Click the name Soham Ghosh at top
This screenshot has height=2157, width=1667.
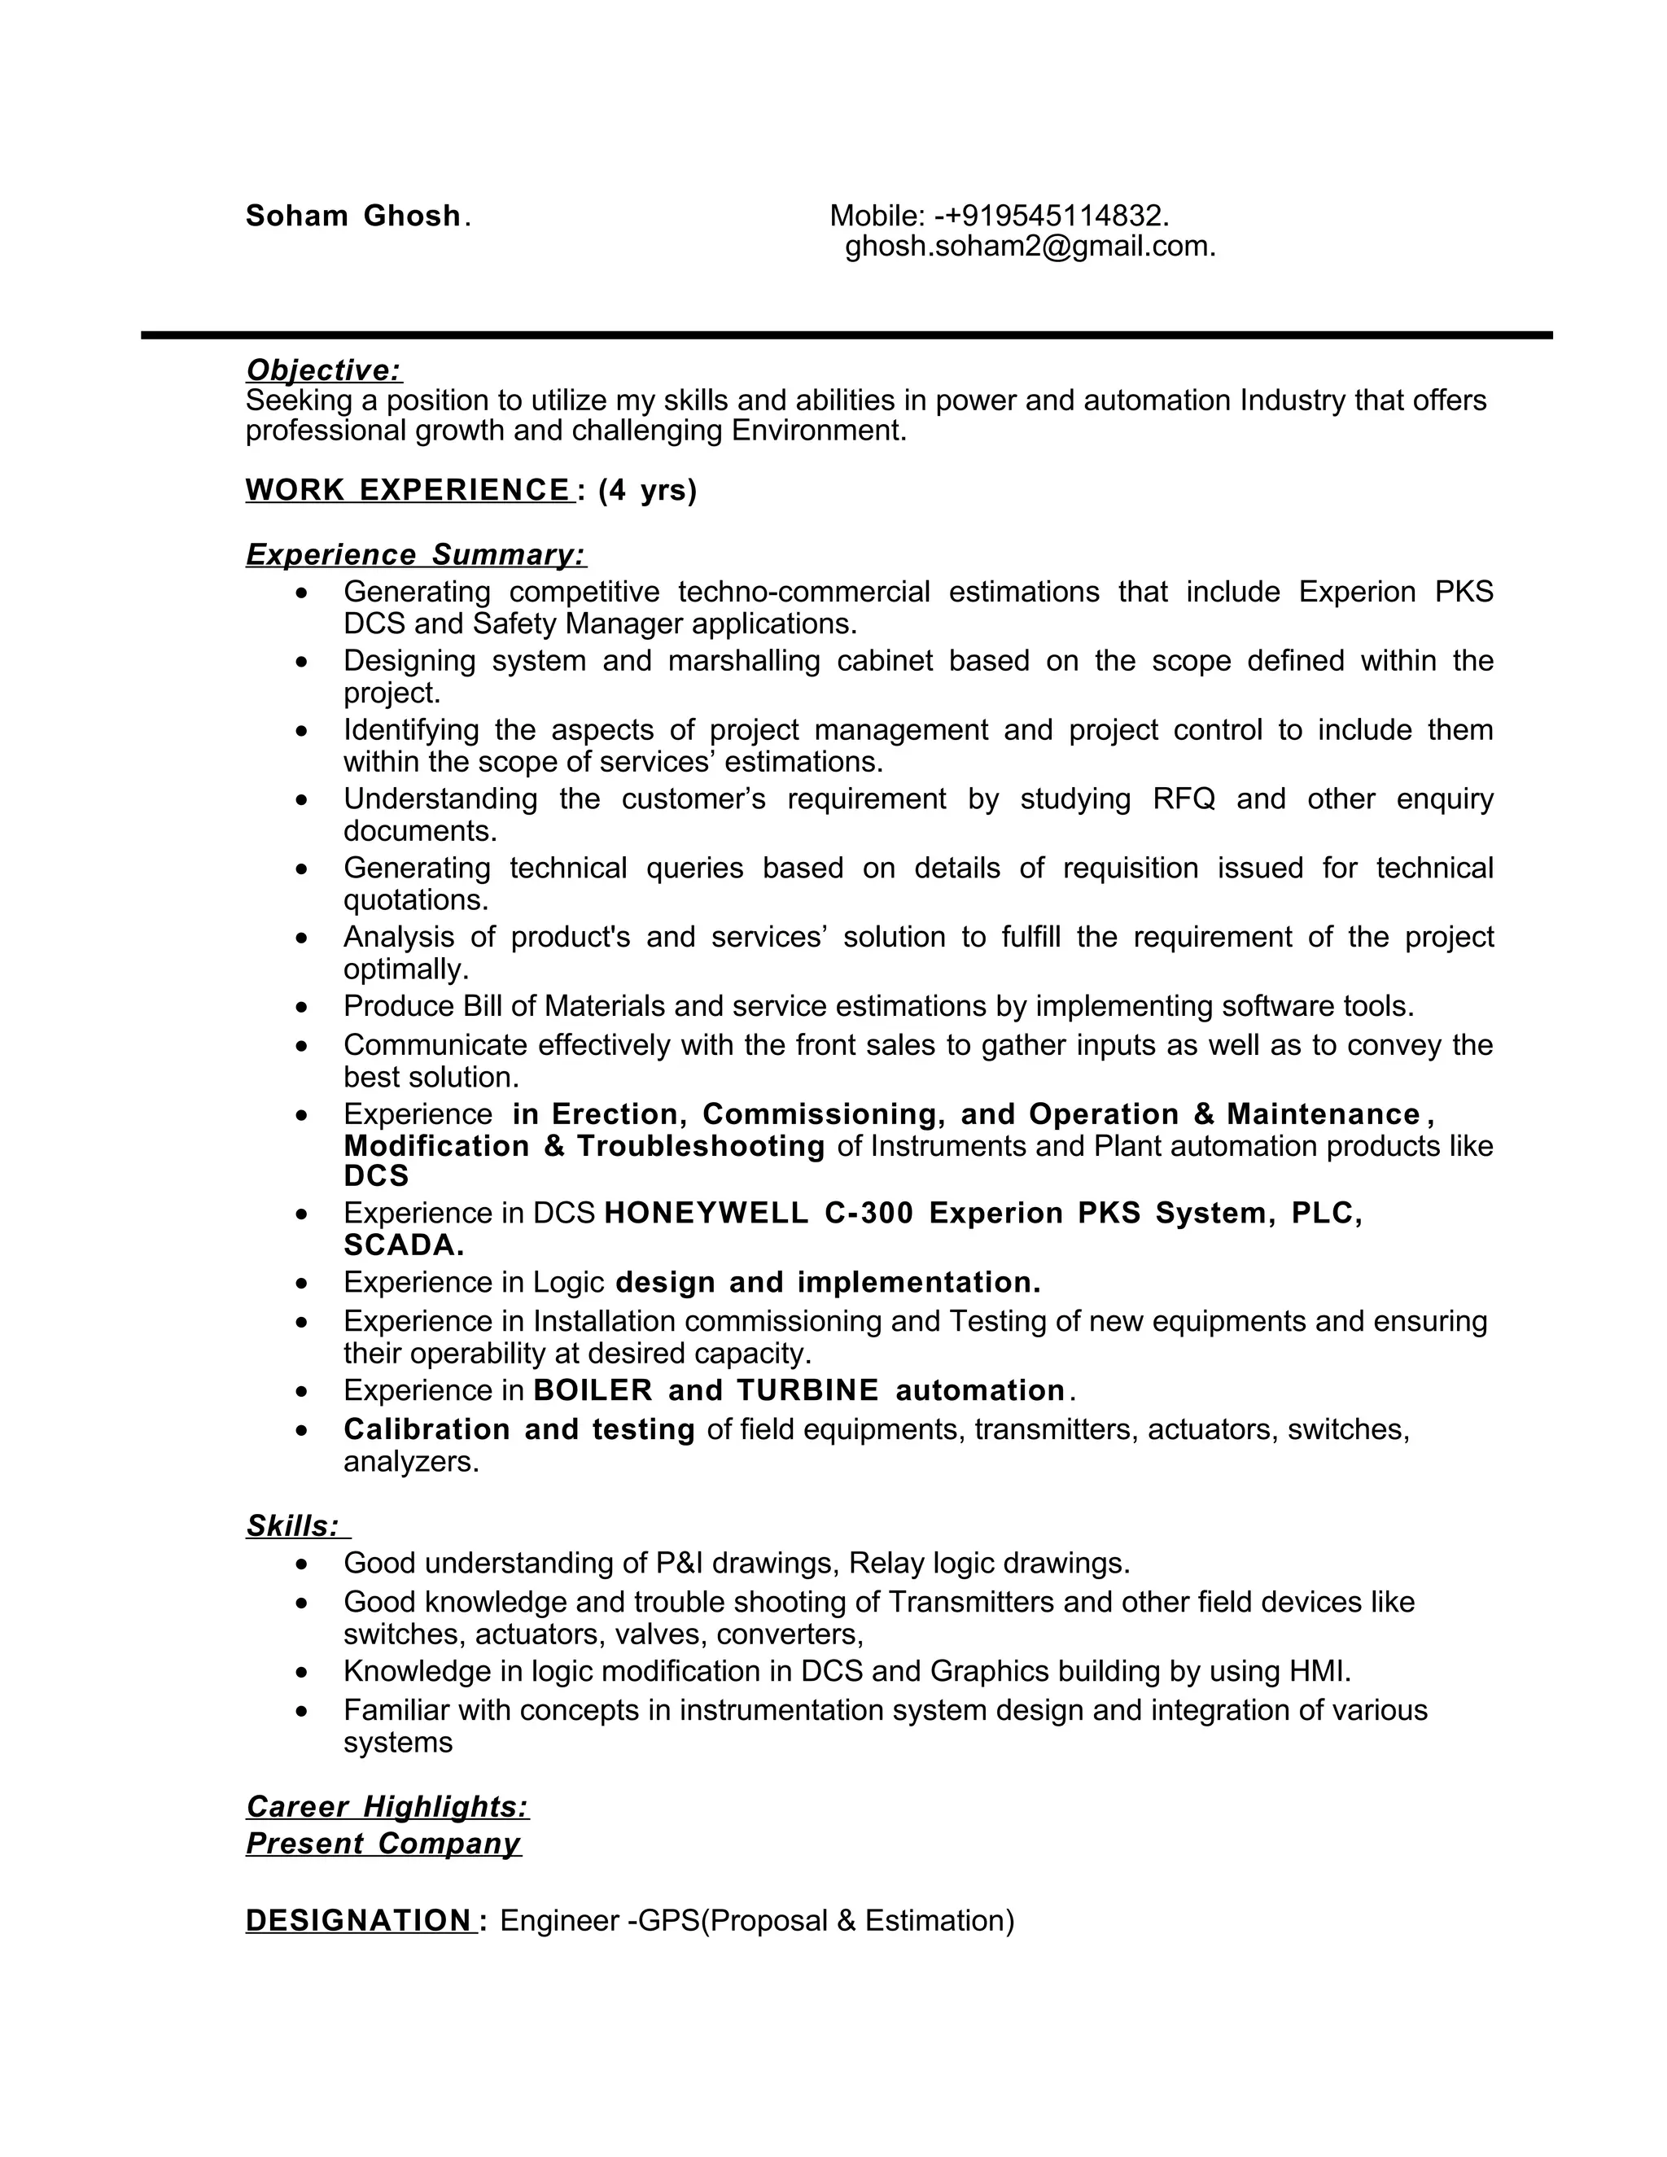coord(352,216)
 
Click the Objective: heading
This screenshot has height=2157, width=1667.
coord(324,370)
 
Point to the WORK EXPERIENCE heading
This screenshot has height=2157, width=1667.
coord(408,490)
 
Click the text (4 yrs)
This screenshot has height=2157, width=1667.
coord(648,490)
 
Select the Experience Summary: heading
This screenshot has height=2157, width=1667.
coord(416,555)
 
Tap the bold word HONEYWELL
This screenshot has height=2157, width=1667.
coord(705,1213)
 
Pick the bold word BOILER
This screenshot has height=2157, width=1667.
coord(593,1390)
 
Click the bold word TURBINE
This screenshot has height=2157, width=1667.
coord(807,1390)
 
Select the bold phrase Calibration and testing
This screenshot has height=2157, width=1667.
coord(519,1429)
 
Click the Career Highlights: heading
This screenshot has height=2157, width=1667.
coord(387,1806)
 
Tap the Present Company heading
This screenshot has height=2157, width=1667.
coord(383,1844)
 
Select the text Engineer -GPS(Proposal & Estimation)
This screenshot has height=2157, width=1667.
coord(758,1921)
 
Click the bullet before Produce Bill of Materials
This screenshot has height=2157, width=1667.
coord(302,1008)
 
